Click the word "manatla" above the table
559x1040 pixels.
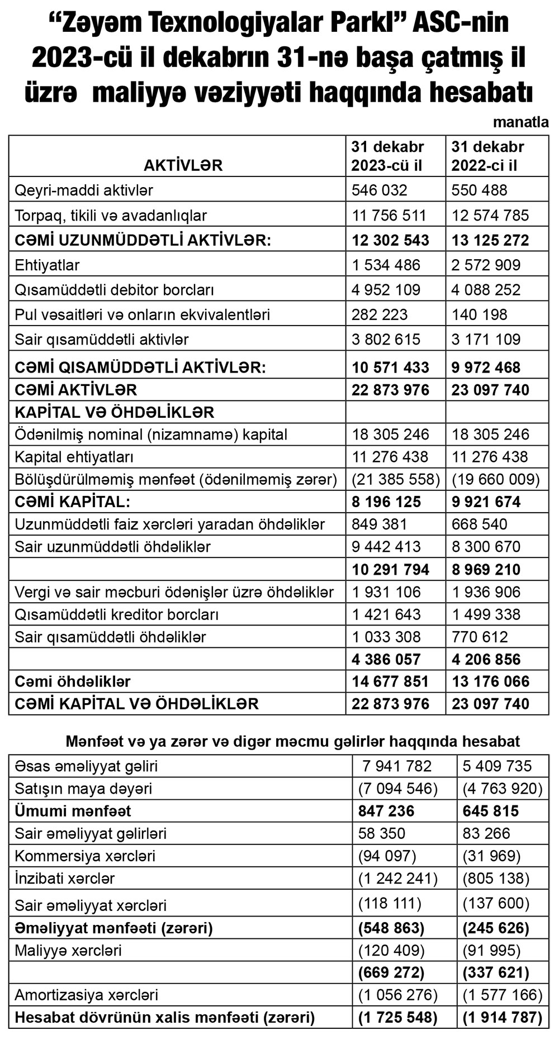(x=521, y=122)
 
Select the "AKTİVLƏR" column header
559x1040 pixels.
(x=183, y=165)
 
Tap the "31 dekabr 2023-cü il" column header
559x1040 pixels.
(x=387, y=156)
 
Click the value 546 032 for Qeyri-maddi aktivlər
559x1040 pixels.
(x=379, y=190)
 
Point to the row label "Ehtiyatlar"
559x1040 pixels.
(x=47, y=265)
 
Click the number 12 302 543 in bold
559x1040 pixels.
(x=390, y=240)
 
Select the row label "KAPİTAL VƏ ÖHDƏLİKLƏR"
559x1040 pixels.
(x=115, y=412)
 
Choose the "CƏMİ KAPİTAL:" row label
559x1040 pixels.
(x=72, y=502)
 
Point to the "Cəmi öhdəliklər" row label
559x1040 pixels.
(x=73, y=681)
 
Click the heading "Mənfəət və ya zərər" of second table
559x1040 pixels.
(x=292, y=741)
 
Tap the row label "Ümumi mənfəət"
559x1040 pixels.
(x=73, y=810)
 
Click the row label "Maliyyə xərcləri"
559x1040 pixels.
(x=68, y=950)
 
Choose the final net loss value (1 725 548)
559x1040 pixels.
(x=397, y=1017)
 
